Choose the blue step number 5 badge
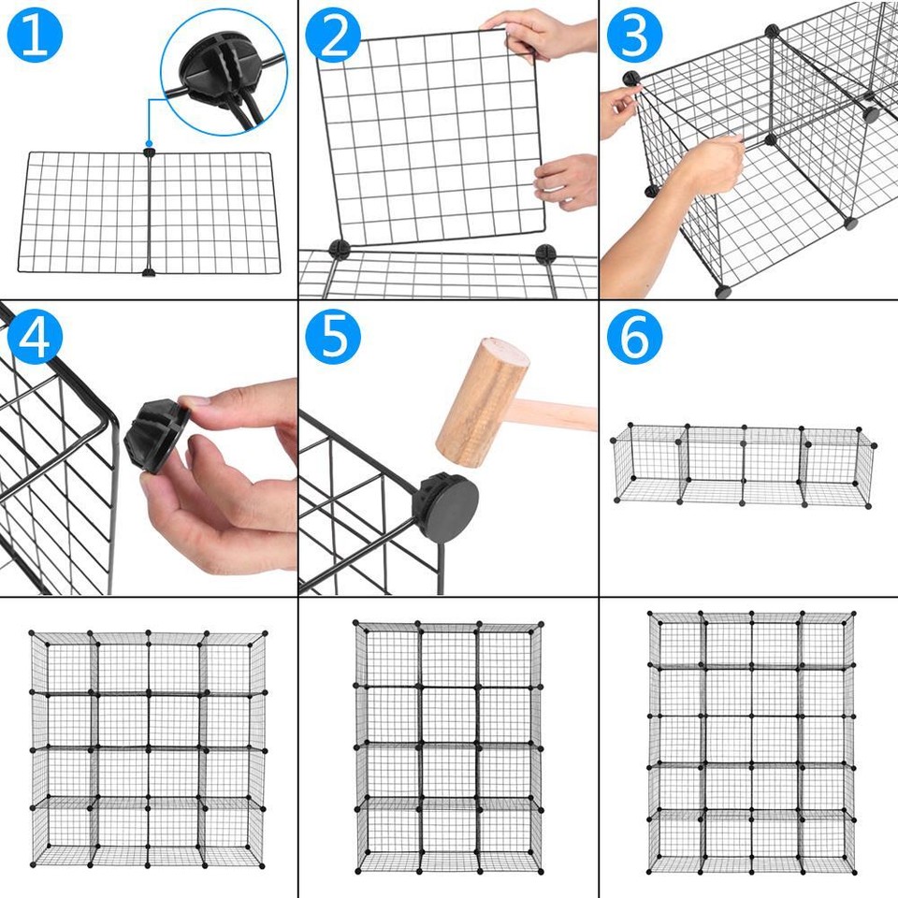[x=333, y=338]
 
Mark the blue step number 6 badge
[x=634, y=338]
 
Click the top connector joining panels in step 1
[x=149, y=152]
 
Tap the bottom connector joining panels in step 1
[x=149, y=273]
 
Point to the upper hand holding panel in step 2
[x=547, y=33]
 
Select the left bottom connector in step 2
[x=338, y=249]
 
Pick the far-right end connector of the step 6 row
[x=874, y=446]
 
